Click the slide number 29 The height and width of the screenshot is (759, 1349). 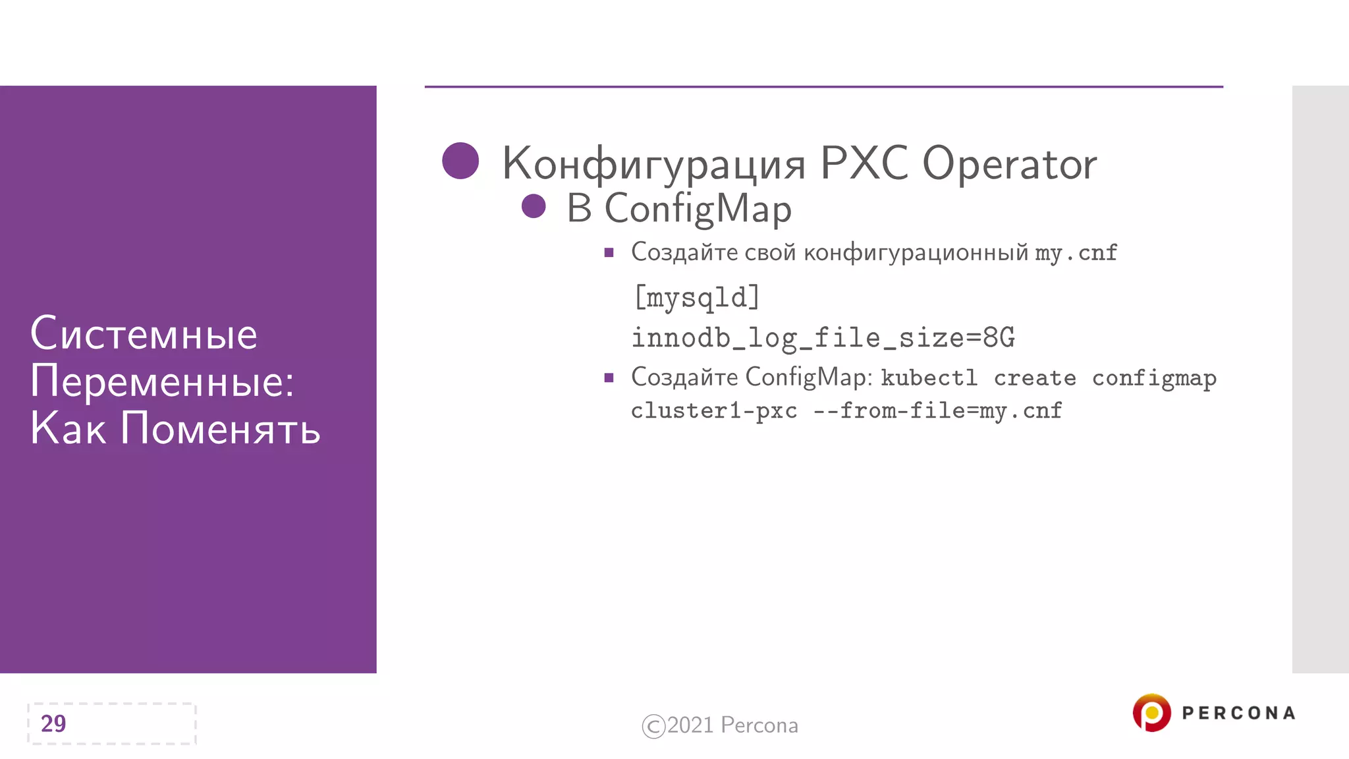tap(53, 723)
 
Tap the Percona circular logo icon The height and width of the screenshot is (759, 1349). tap(1151, 713)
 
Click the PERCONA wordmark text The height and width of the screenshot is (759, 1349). tap(1238, 713)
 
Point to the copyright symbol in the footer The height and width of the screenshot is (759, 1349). tap(653, 726)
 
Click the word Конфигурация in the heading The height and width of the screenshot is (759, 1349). tap(653, 163)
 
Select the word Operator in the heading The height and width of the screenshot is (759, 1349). tap(1009, 163)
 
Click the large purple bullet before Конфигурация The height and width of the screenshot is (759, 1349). tap(460, 161)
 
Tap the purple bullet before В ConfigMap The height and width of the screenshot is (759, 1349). tap(534, 206)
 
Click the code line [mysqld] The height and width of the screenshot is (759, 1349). tap(696, 297)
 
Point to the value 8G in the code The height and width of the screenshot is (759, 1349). tap(999, 338)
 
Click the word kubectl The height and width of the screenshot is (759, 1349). tap(929, 378)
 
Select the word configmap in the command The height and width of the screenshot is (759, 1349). tap(1154, 378)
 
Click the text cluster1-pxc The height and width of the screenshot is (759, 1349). tap(714, 411)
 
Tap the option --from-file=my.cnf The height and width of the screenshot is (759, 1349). tap(937, 411)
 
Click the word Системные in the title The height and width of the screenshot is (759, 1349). tap(144, 333)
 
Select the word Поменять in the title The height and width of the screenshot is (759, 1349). tap(220, 428)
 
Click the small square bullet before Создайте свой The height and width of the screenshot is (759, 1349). tap(609, 252)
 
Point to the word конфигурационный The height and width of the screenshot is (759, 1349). tap(916, 252)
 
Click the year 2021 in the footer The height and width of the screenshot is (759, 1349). tap(690, 725)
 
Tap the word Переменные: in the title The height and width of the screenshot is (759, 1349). tap(162, 381)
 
